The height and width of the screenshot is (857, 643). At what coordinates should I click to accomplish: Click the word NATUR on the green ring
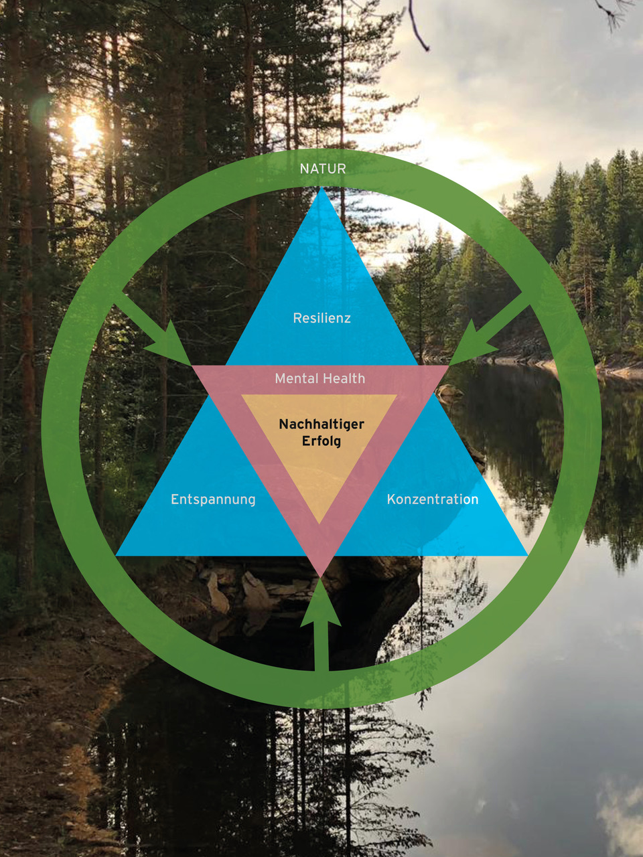pyautogui.click(x=323, y=169)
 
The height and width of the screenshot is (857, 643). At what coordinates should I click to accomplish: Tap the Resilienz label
pyautogui.click(x=321, y=318)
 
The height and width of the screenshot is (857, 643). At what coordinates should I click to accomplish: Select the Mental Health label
pyautogui.click(x=320, y=378)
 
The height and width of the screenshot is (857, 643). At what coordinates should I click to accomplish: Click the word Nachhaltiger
pyautogui.click(x=321, y=424)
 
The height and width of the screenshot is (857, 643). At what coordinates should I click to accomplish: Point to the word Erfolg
pyautogui.click(x=321, y=441)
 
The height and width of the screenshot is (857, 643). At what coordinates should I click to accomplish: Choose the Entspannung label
pyautogui.click(x=213, y=499)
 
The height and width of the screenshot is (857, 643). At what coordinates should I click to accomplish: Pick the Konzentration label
pyautogui.click(x=433, y=499)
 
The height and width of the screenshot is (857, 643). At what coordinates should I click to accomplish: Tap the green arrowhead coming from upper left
pyautogui.click(x=170, y=344)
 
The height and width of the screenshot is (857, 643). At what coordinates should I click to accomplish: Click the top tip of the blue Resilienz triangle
pyautogui.click(x=322, y=191)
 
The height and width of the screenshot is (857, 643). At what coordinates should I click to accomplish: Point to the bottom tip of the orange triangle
pyautogui.click(x=320, y=521)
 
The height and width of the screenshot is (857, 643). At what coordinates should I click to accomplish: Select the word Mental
pyautogui.click(x=295, y=378)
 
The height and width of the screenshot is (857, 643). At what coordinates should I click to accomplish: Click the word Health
pyautogui.click(x=344, y=378)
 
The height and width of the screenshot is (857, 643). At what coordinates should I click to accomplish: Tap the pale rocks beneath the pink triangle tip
pyautogui.click(x=255, y=593)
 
